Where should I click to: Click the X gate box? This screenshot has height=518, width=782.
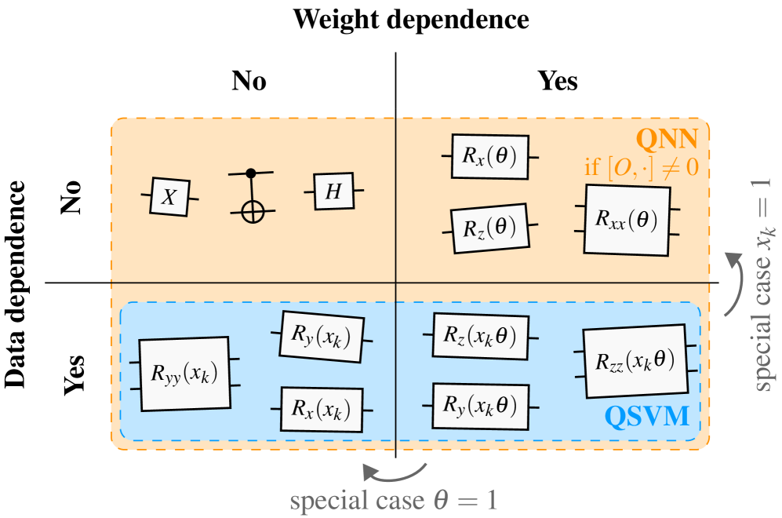click(x=169, y=197)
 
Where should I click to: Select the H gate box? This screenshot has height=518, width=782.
click(x=333, y=192)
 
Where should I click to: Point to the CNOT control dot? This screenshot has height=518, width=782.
click(x=251, y=172)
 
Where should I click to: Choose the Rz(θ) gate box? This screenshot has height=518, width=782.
click(x=489, y=228)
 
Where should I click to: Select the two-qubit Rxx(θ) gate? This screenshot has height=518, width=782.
click(x=626, y=220)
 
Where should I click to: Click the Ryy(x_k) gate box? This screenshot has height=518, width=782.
click(x=185, y=374)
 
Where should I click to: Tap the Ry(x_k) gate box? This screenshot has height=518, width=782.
click(x=322, y=337)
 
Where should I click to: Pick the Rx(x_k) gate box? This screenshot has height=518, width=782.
click(x=322, y=409)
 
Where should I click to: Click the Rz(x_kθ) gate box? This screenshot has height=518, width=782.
click(x=480, y=336)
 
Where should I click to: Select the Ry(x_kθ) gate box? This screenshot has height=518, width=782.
click(x=480, y=406)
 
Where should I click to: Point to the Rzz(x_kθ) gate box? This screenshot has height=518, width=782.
click(x=635, y=362)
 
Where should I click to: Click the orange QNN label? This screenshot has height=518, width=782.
click(x=666, y=139)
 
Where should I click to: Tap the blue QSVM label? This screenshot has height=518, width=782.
click(x=648, y=415)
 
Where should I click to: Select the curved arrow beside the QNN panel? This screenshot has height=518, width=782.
click(x=733, y=283)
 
